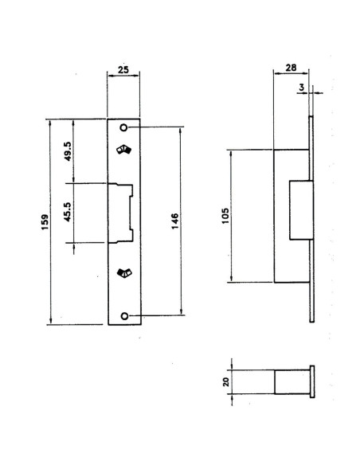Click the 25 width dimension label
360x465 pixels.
coord(123,70)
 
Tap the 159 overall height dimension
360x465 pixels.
coord(45,222)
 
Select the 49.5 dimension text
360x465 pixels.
coord(68,151)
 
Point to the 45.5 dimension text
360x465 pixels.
coord(68,212)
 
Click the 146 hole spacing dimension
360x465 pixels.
coord(175,221)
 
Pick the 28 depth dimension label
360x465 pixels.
coord(291,68)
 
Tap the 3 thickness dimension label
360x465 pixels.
coord(302,88)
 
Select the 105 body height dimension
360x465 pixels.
coord(225,216)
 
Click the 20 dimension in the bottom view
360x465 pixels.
coord(226,381)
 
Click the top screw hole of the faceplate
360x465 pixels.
coord(123,127)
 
